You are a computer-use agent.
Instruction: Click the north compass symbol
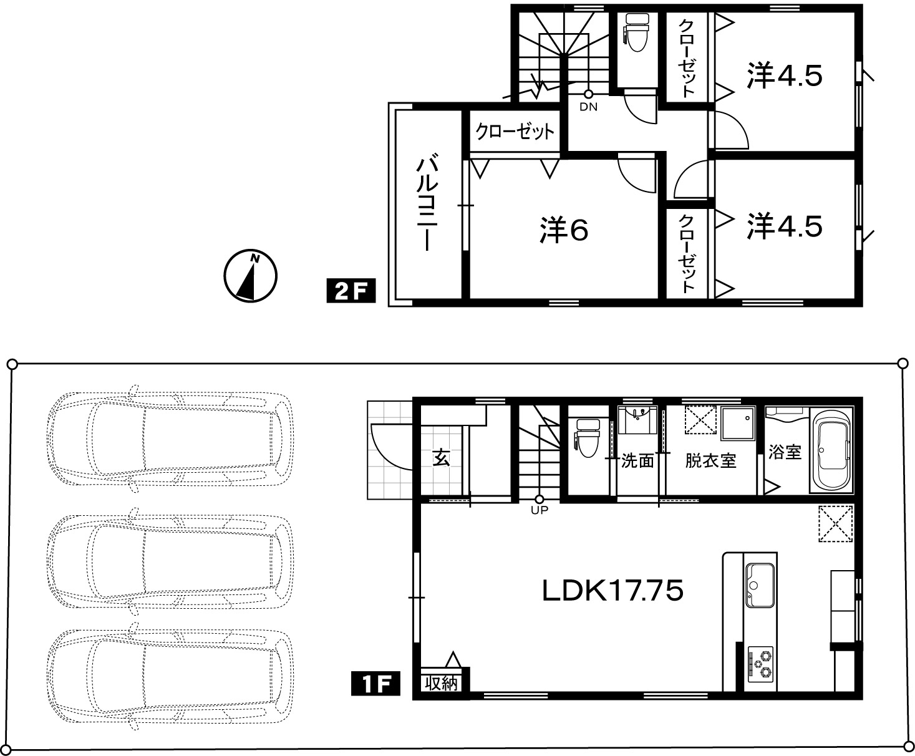pos(251,276)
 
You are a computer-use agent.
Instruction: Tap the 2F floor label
pos(351,291)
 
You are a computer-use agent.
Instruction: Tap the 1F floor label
pos(375,683)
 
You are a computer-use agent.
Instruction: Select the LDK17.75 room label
pos(612,591)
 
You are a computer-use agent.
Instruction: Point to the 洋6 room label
pos(564,230)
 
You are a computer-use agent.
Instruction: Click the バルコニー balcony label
pos(427,202)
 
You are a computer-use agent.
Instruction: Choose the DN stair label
pos(588,107)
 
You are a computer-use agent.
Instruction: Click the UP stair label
pos(539,510)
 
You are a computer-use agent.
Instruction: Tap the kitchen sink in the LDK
pos(760,585)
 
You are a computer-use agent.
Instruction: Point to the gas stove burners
pos(760,664)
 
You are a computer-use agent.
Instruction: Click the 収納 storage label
pos(442,683)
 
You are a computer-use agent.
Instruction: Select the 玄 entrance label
pos(442,458)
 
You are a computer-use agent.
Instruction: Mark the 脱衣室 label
pos(711,460)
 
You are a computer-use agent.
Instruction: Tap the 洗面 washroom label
pos(637,460)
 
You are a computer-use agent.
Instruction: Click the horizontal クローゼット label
pos(515,132)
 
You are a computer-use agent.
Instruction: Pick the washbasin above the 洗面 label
pos(637,420)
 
